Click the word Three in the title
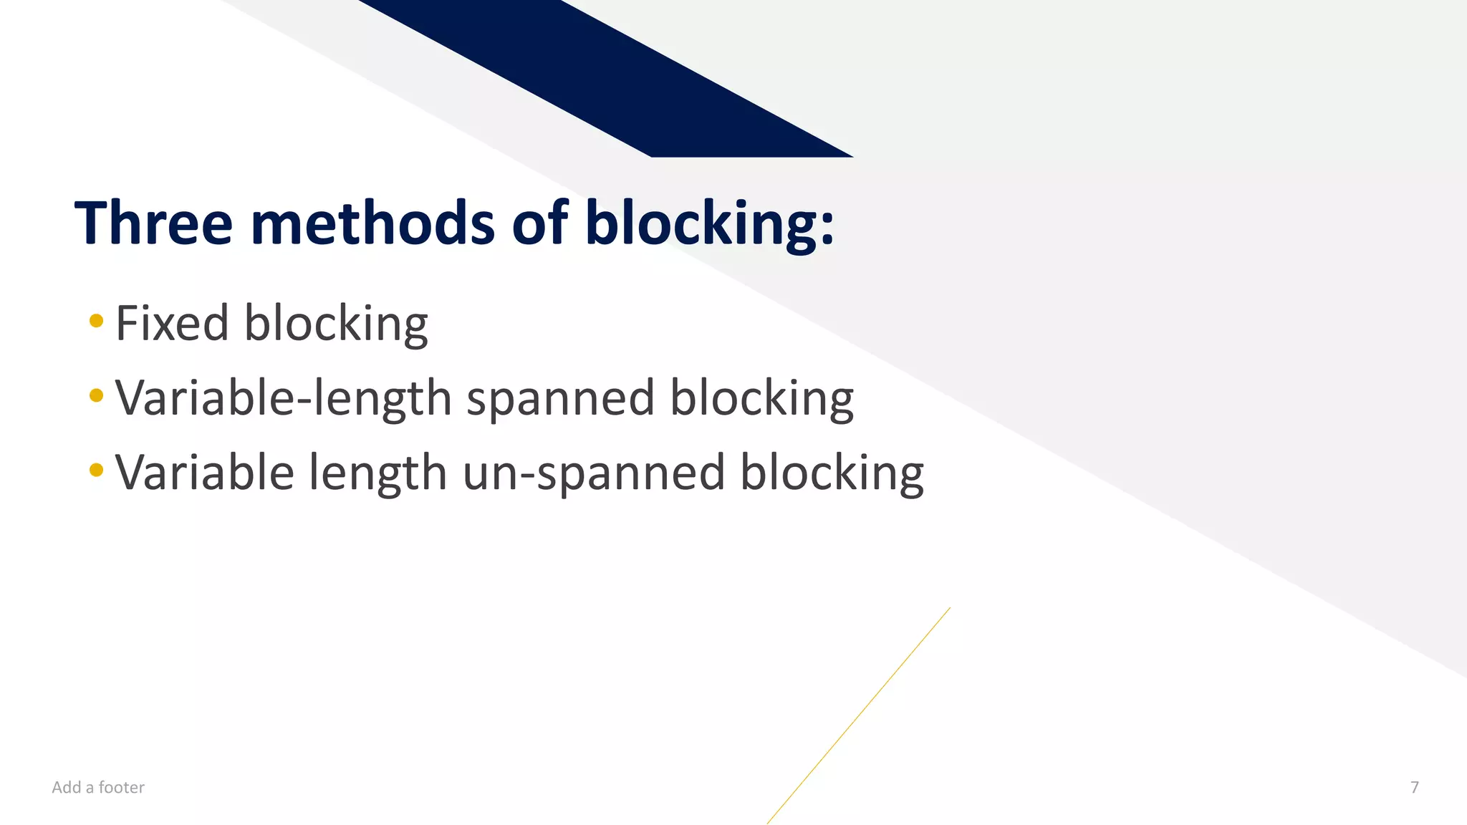153,223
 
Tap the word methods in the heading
372,223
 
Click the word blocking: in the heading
709,224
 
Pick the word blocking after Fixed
336,324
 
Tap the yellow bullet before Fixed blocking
97,321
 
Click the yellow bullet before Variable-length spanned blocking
97,395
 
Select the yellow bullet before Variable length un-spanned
97,471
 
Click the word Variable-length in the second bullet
283,398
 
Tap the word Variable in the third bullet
204,473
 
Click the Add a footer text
98,787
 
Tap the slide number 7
1414,787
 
